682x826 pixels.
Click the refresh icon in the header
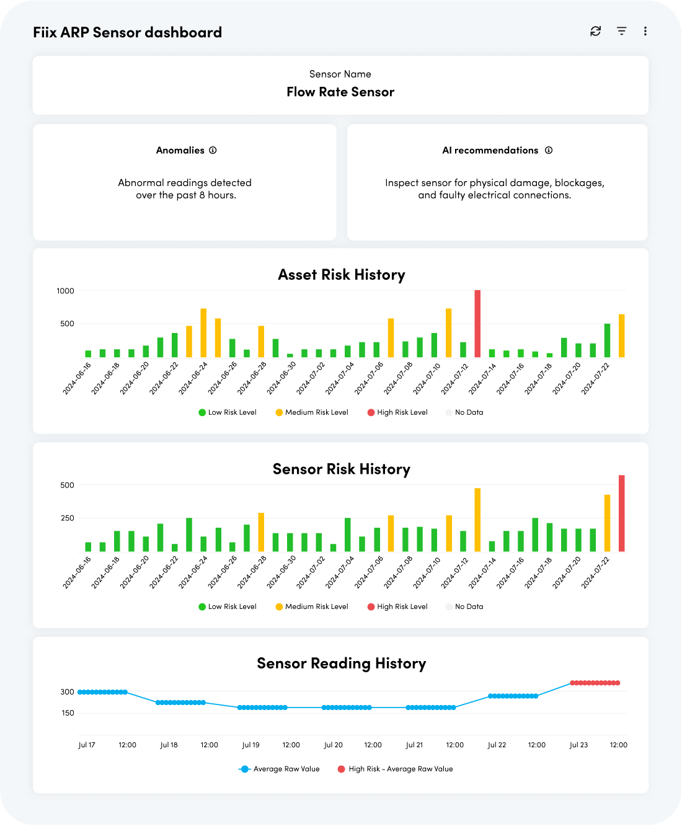pyautogui.click(x=595, y=31)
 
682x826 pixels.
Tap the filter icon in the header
pyautogui.click(x=621, y=31)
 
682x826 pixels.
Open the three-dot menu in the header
pyautogui.click(x=645, y=31)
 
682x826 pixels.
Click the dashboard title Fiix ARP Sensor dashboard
pyautogui.click(x=127, y=32)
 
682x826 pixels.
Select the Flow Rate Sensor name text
pyautogui.click(x=340, y=92)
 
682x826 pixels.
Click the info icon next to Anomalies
pyautogui.click(x=213, y=150)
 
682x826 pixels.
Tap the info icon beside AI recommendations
pyautogui.click(x=549, y=150)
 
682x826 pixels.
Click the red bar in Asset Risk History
pyautogui.click(x=477, y=323)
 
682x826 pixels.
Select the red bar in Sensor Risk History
pyautogui.click(x=621, y=513)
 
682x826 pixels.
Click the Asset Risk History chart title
pyautogui.click(x=341, y=275)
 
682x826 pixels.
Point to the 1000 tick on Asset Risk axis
pyautogui.click(x=65, y=291)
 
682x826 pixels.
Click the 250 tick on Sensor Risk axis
pyautogui.click(x=67, y=518)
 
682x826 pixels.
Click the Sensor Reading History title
pyautogui.click(x=341, y=664)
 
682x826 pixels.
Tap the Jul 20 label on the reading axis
pyautogui.click(x=333, y=745)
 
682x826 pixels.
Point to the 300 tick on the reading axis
pyautogui.click(x=67, y=691)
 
